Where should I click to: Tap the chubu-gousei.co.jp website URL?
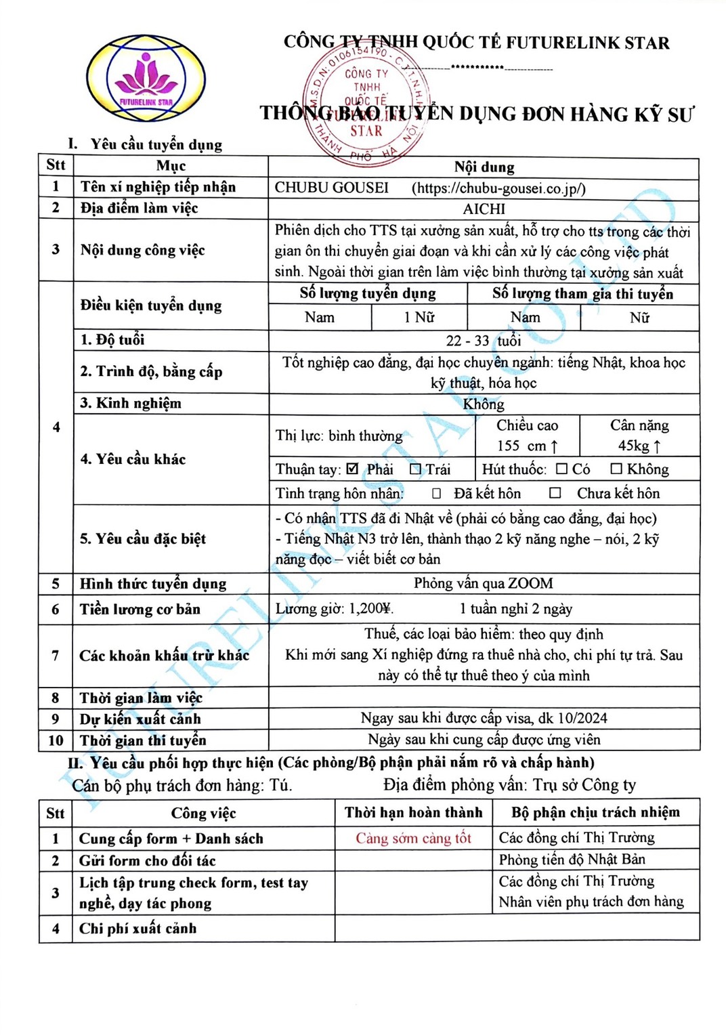click(498, 188)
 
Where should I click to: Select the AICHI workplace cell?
click(484, 209)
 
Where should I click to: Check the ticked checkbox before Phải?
click(352, 469)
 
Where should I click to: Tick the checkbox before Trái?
click(415, 469)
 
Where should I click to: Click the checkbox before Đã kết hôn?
click(437, 493)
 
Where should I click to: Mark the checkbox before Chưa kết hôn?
click(555, 493)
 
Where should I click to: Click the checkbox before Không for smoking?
click(616, 469)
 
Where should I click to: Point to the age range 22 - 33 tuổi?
click(483, 340)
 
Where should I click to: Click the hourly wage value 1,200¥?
click(370, 609)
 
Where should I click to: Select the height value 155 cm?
click(527, 446)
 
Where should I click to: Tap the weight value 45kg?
click(639, 446)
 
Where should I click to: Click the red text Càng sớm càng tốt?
click(413, 838)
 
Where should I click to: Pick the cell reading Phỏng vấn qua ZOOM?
click(483, 583)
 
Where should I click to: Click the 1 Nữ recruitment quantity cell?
click(419, 317)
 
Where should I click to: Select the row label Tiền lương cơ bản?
click(140, 609)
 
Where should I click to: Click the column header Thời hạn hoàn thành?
click(413, 812)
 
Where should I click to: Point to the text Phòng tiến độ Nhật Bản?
click(572, 860)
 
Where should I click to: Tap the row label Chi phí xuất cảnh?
click(137, 928)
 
